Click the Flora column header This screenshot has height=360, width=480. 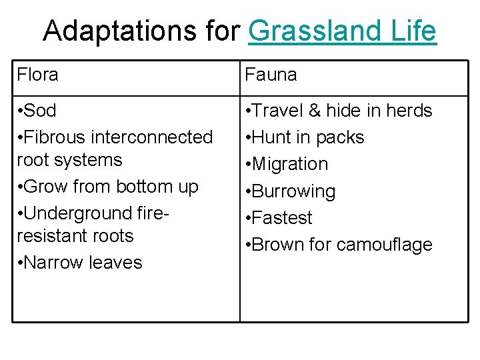click(38, 75)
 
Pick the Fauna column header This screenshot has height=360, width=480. click(271, 75)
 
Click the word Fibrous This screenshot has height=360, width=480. click(56, 137)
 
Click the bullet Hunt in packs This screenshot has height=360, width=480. click(307, 137)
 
